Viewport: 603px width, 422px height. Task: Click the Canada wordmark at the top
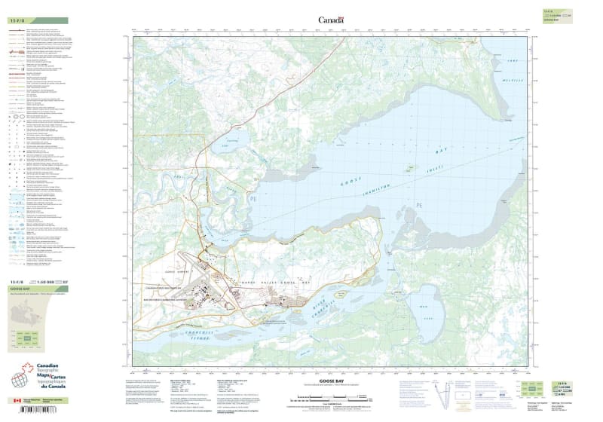[x=331, y=20]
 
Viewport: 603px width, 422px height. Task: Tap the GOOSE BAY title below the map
[x=331, y=382]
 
